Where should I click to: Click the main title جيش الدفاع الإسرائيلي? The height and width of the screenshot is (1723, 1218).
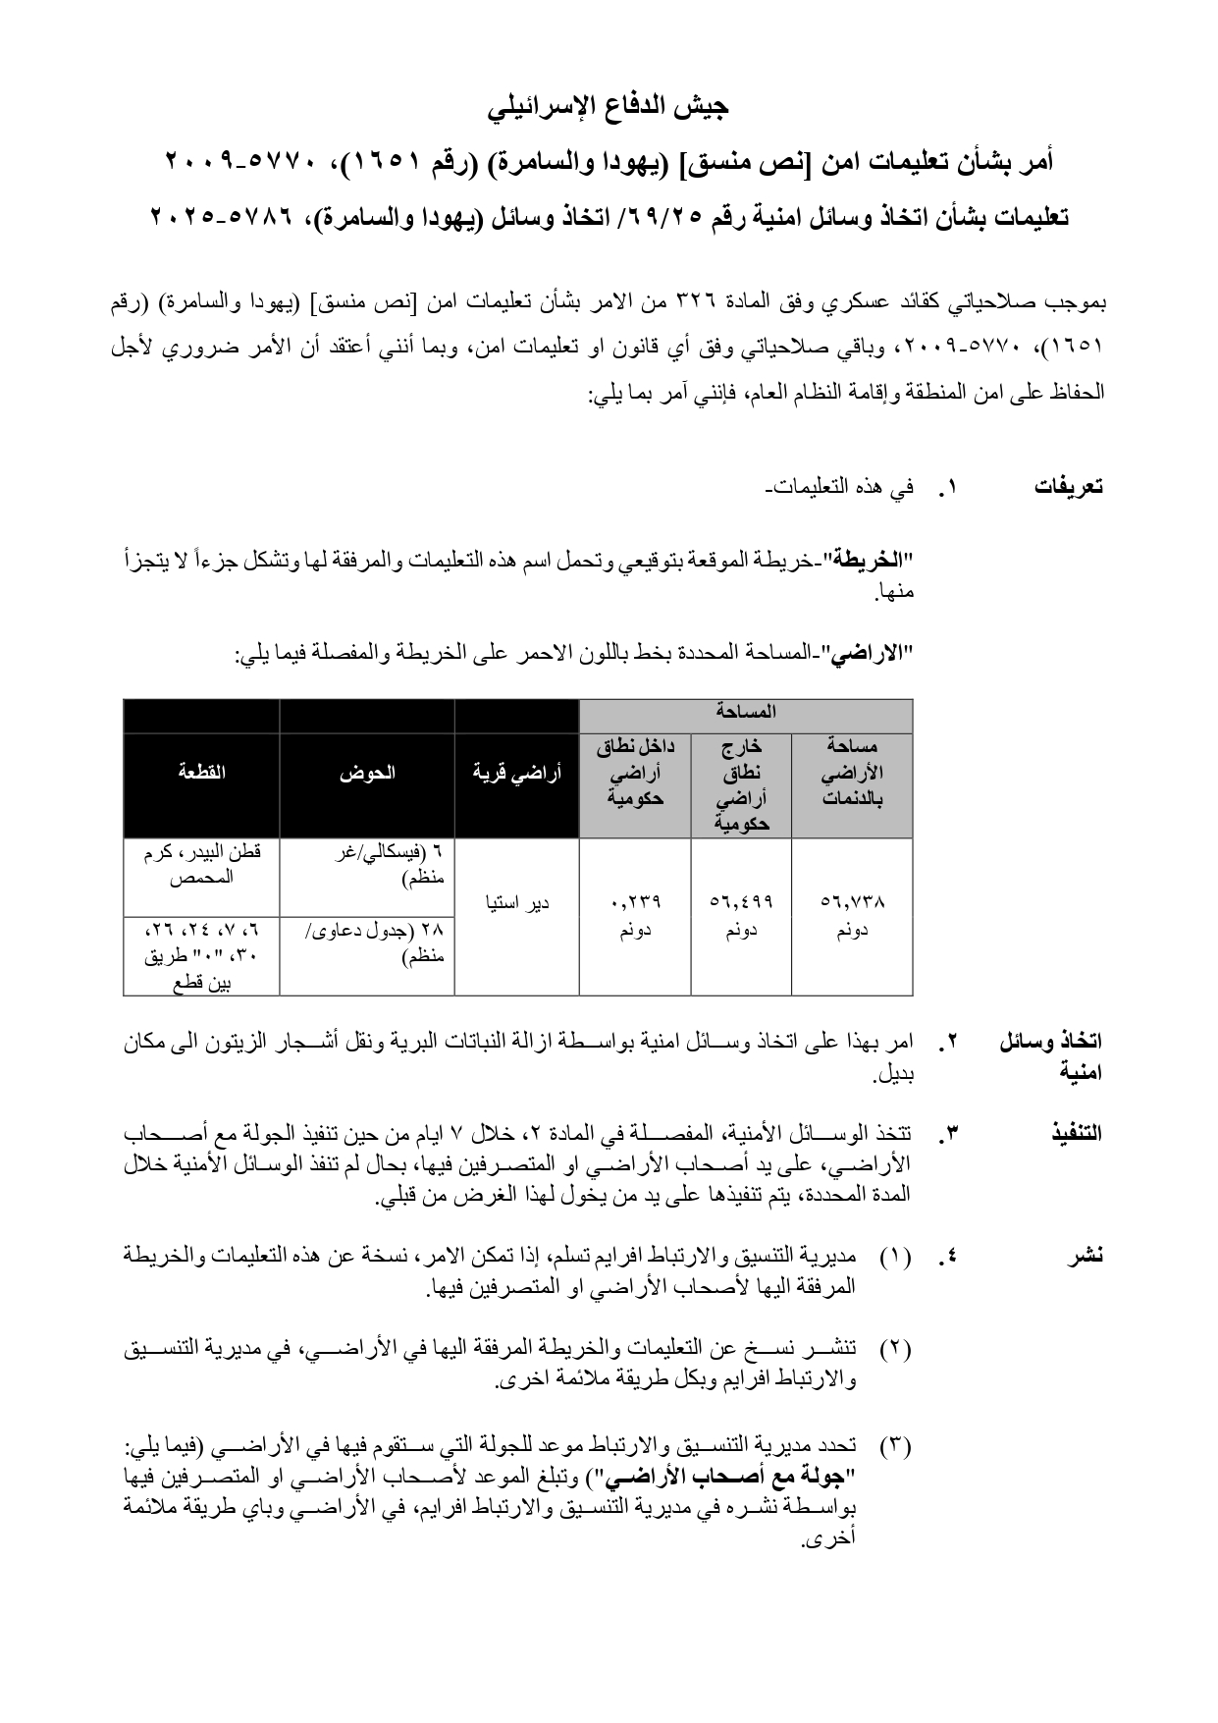[x=609, y=106]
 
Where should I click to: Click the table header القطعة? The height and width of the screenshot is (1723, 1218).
[x=201, y=772]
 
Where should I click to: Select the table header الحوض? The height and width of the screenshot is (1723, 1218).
[x=367, y=772]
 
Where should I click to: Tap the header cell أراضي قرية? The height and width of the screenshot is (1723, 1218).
[x=516, y=772]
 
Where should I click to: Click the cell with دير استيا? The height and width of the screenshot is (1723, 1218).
[x=516, y=901]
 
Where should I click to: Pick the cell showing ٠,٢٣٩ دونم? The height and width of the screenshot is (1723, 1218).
[x=635, y=914]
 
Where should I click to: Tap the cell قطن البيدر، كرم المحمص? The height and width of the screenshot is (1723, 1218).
[x=201, y=865]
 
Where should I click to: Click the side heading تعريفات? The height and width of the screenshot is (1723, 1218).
[x=1069, y=487]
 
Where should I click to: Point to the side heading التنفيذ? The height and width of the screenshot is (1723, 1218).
[x=1077, y=1133]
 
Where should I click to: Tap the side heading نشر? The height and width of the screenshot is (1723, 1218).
[x=1086, y=1256]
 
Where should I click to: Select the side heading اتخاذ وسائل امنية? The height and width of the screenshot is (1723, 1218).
[x=1054, y=1055]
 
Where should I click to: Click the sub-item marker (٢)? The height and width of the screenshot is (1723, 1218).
[x=895, y=1348]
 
